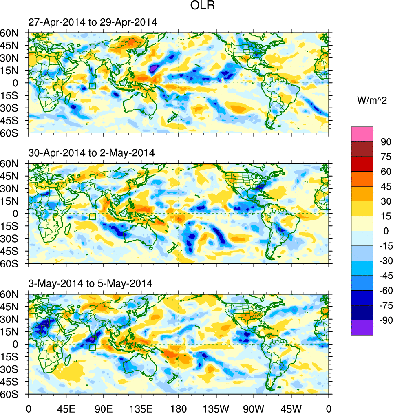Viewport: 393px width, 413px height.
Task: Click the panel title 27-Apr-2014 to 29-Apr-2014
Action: [x=92, y=23]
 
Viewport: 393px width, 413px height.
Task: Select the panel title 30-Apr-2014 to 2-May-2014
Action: [x=91, y=153]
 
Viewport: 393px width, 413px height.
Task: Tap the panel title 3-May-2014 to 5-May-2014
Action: [x=91, y=283]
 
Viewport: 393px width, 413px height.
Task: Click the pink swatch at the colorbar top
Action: [x=362, y=134]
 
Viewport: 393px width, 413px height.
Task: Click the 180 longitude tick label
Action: [x=179, y=408]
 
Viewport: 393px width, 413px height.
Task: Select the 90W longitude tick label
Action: [x=254, y=408]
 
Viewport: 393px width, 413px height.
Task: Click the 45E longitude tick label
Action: [x=66, y=408]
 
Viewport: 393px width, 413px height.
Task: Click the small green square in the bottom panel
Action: [x=92, y=347]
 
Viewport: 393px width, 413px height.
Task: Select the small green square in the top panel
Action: [x=92, y=86]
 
